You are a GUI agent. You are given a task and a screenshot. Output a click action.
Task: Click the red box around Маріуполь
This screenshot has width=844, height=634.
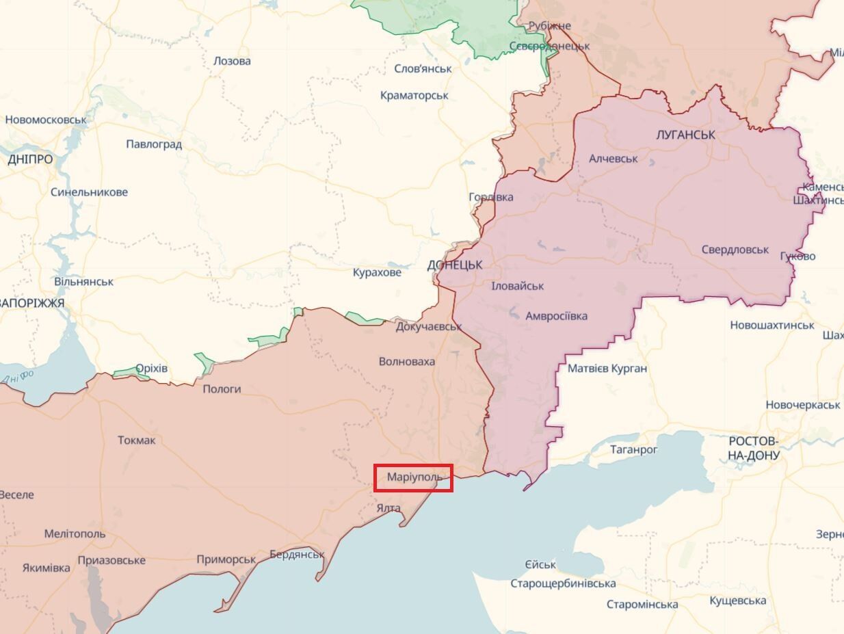click(413, 477)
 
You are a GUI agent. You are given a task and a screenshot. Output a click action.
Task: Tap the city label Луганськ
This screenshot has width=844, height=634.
click(685, 135)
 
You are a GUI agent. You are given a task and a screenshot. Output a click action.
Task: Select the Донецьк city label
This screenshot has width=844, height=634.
click(455, 265)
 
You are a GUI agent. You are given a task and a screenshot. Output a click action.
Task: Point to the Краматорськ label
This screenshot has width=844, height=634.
click(414, 95)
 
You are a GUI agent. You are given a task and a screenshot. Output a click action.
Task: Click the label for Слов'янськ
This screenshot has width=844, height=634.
click(423, 68)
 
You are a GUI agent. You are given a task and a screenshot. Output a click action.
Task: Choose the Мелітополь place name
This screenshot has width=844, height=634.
click(75, 533)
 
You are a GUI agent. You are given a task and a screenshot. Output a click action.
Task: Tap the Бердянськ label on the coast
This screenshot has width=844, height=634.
click(297, 554)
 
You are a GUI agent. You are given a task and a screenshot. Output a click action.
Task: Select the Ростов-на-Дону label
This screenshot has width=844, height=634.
click(753, 447)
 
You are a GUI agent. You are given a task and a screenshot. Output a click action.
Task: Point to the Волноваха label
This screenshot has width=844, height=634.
click(407, 361)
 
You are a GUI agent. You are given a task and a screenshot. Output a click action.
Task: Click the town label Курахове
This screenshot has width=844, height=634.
click(377, 272)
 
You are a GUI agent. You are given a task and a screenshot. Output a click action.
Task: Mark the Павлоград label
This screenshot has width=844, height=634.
click(154, 144)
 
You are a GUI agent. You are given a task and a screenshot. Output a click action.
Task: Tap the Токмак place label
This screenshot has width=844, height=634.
click(136, 440)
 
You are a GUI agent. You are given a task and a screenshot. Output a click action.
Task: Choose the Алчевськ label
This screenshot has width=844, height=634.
click(614, 158)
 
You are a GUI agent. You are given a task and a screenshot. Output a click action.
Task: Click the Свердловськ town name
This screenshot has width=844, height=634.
click(735, 250)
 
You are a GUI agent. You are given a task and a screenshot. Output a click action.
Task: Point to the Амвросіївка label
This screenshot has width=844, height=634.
click(556, 316)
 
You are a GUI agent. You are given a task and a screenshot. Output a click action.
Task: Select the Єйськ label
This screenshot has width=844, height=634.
click(540, 565)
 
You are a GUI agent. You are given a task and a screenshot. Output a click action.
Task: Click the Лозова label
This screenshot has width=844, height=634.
click(232, 61)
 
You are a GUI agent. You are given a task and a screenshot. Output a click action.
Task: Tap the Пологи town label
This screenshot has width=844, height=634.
click(222, 388)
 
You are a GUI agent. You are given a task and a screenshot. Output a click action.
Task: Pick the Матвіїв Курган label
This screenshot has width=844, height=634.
click(607, 369)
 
